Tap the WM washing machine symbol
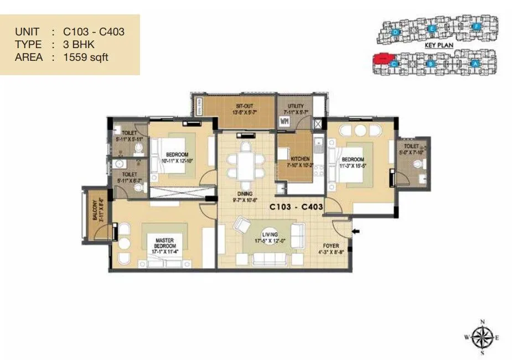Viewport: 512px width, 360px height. tap(285, 121)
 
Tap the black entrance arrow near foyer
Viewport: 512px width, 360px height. tap(356, 231)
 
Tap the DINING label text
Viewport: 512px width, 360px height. tap(245, 194)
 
